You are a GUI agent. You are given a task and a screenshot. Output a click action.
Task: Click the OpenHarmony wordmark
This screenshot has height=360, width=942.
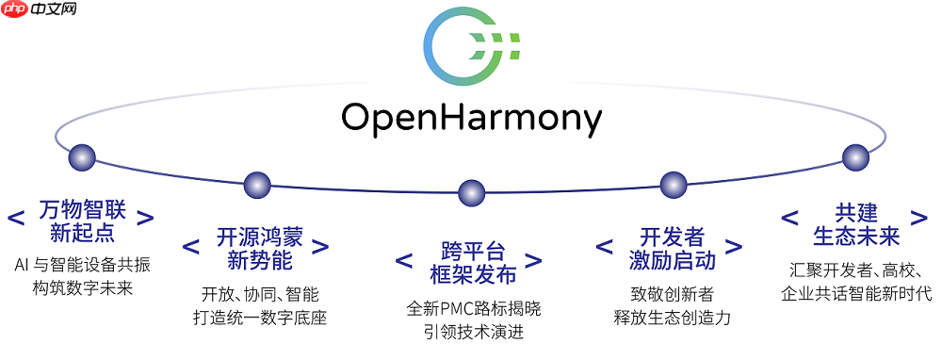click(x=470, y=119)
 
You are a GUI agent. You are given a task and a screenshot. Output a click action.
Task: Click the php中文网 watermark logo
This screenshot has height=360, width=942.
click(x=41, y=12)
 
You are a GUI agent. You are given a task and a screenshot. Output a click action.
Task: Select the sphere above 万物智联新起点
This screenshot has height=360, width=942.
click(x=82, y=157)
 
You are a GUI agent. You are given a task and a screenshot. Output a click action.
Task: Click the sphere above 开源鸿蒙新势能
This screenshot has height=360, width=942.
click(x=257, y=185)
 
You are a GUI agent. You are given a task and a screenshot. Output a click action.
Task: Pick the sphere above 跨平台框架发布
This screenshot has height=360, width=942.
click(x=471, y=193)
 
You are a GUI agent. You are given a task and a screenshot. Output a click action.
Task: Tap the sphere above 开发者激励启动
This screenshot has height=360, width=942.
click(x=673, y=185)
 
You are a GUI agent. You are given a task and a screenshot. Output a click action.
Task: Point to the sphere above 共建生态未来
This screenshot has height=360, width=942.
click(x=855, y=157)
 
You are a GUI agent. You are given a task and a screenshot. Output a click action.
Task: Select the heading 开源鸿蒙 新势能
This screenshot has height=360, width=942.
click(x=256, y=248)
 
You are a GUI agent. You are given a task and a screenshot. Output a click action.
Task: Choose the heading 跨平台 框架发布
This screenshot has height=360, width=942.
click(x=471, y=263)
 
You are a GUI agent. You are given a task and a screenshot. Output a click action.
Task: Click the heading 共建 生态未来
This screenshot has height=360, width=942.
click(x=855, y=223)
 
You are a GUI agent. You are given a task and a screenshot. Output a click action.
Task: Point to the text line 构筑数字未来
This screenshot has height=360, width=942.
click(x=82, y=287)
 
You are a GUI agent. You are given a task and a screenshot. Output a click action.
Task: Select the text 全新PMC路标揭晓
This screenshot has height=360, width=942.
click(x=474, y=308)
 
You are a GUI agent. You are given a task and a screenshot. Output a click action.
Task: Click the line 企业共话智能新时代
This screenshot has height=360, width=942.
click(x=855, y=293)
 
